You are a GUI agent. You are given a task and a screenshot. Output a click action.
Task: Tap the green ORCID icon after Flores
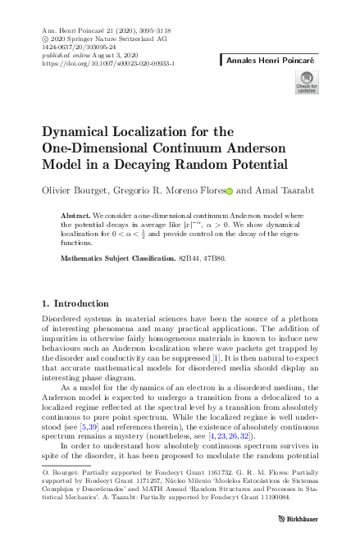pyautogui.click(x=229, y=191)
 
